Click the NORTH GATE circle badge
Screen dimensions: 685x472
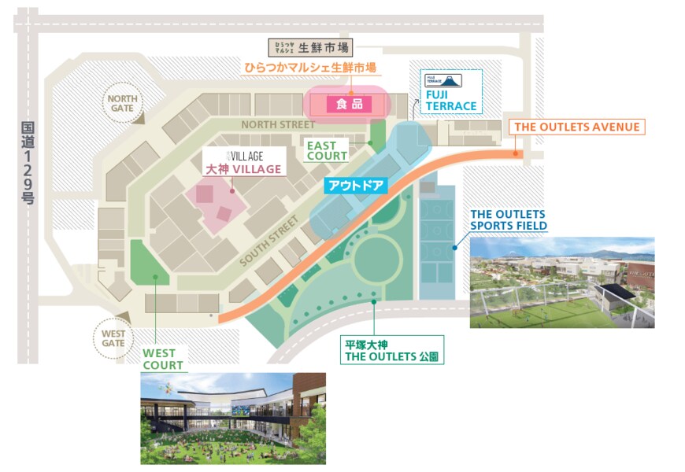click(123, 105)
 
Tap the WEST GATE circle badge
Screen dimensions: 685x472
click(113, 337)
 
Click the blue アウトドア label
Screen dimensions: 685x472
click(355, 186)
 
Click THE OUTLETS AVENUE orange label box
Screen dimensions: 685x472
click(577, 127)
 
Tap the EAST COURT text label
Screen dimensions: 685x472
click(327, 150)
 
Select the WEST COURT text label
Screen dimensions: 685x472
click(163, 360)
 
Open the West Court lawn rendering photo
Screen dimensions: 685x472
click(232, 418)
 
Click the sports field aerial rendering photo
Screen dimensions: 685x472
click(561, 282)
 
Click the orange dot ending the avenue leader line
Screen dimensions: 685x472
click(516, 154)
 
